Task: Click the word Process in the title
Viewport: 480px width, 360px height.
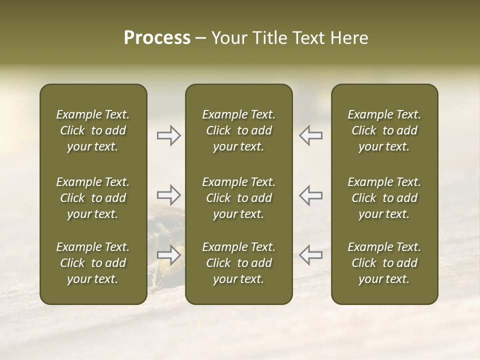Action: [157, 38]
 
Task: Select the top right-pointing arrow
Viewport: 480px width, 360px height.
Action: [169, 135]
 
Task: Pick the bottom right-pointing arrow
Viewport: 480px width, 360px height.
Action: [169, 255]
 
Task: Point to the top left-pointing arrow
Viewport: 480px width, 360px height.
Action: [311, 135]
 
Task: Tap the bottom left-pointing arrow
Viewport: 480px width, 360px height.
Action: [311, 255]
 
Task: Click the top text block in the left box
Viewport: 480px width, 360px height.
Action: [93, 130]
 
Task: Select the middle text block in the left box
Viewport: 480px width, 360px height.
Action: [93, 198]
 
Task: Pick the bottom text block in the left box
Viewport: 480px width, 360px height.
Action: [93, 263]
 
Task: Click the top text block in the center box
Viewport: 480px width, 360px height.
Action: [239, 130]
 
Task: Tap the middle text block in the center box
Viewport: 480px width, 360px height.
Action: [239, 198]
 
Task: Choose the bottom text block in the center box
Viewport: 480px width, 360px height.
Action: [239, 263]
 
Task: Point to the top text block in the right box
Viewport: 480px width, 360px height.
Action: [384, 130]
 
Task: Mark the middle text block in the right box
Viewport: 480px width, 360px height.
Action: [384, 198]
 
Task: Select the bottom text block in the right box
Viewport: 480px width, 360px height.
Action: [384, 263]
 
